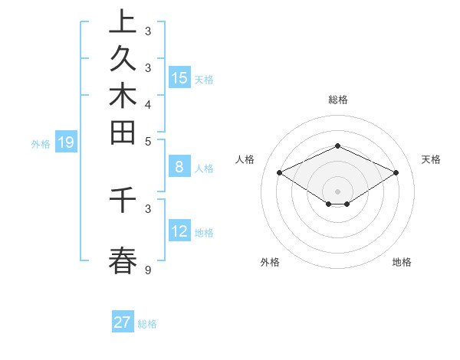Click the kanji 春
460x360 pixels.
pos(123,260)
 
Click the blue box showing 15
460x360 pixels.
pos(179,77)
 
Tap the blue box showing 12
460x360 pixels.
pos(179,231)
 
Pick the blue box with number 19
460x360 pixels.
pos(66,142)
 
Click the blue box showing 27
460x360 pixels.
pos(123,322)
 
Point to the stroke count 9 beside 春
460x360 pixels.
pos(148,270)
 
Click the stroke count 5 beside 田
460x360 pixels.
pos(148,141)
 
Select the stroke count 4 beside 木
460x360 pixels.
pos(148,104)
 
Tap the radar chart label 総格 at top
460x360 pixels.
pos(337,100)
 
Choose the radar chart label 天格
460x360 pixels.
pos(431,159)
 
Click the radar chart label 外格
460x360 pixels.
pos(270,262)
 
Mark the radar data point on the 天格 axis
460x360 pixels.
pos(396,172)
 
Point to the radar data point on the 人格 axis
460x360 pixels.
pos(279,172)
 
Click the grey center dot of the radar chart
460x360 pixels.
pos(337,191)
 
